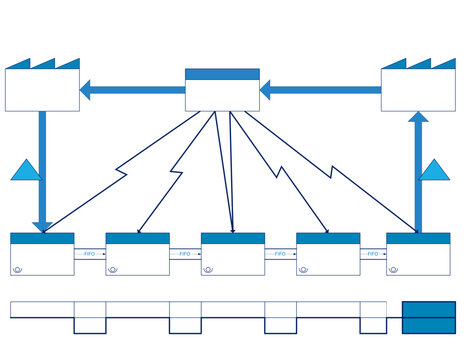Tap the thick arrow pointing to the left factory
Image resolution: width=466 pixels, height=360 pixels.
[x=130, y=90]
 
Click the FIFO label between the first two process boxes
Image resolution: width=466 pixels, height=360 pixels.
[x=90, y=255]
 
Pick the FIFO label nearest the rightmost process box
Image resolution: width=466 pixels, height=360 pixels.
[x=373, y=255]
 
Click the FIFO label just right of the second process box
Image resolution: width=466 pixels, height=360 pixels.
[x=185, y=255]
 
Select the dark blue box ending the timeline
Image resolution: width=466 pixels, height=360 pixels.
[x=428, y=317]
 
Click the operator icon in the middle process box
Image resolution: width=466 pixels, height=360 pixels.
[x=208, y=270]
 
